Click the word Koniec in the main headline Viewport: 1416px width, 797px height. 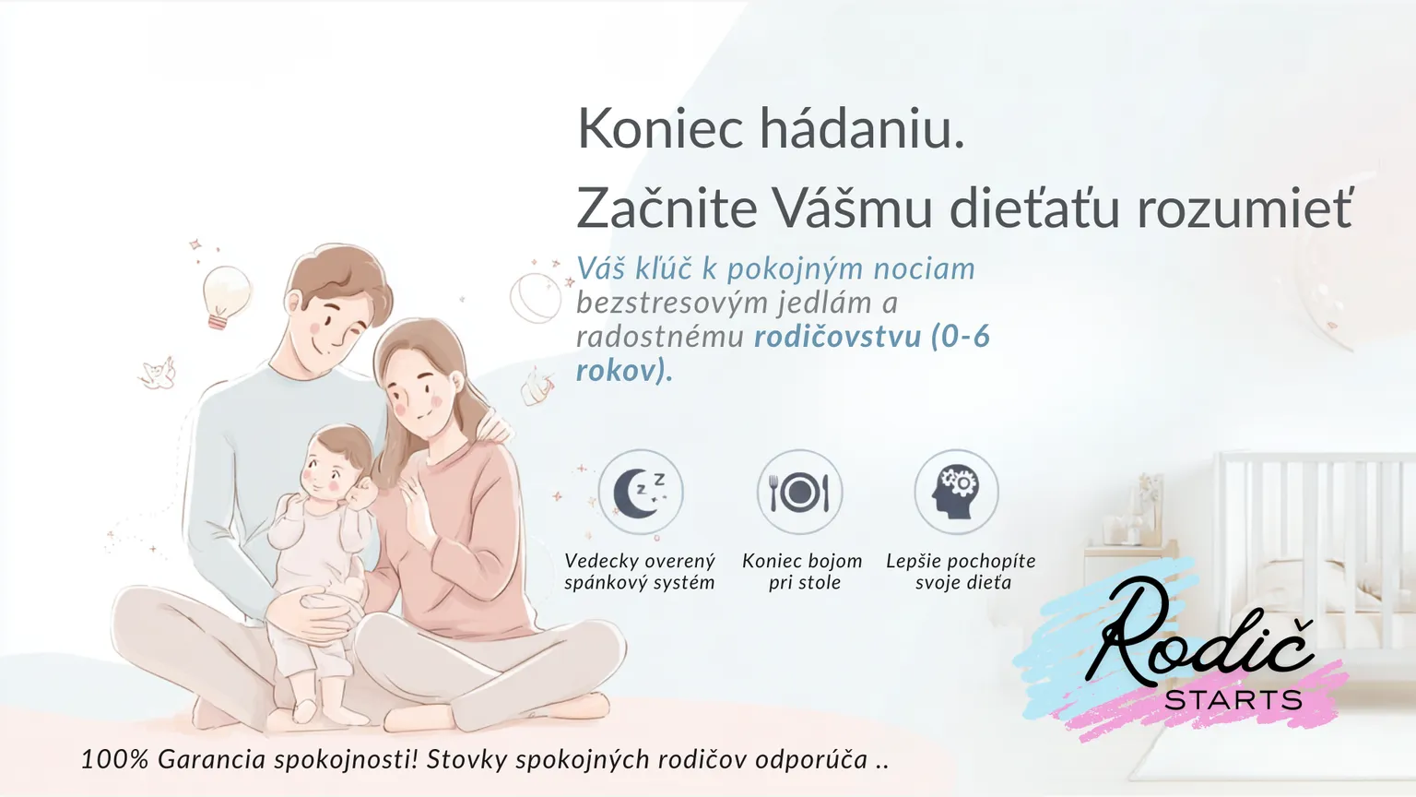point(660,128)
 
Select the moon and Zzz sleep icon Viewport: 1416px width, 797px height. point(641,492)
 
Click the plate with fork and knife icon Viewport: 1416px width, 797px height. point(799,492)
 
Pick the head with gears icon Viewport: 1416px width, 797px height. point(956,492)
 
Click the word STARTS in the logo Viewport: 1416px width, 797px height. point(1233,699)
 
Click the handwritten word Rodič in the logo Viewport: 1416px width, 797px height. point(1199,634)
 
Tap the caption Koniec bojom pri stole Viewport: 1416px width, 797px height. point(803,571)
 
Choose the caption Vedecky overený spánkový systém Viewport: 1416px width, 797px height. point(640,571)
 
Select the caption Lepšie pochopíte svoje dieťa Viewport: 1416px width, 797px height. point(962,571)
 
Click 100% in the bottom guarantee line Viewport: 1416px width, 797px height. point(114,760)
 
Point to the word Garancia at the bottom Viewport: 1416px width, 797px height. point(211,760)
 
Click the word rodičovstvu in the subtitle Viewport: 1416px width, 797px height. point(838,336)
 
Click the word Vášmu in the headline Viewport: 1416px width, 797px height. point(853,208)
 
